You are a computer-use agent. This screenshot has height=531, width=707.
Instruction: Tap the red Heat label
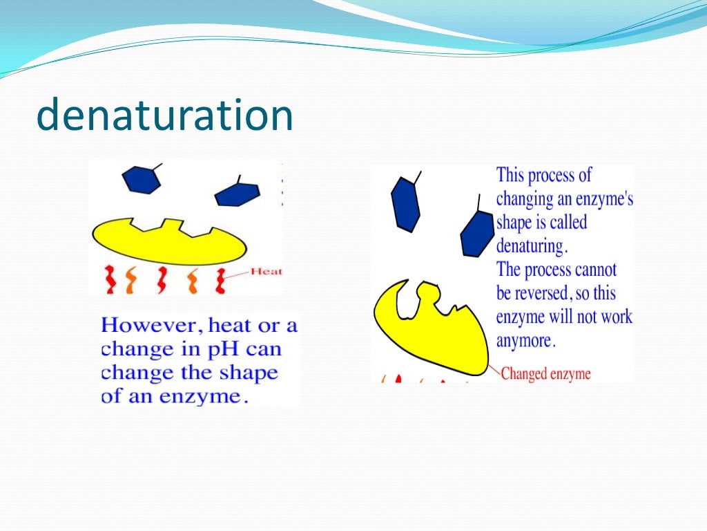[x=266, y=272]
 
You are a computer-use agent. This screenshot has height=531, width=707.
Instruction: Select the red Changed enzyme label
[x=545, y=374]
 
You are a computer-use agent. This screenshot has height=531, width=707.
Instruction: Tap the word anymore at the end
[x=525, y=341]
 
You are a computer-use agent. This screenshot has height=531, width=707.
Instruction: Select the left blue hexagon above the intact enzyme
[x=142, y=179]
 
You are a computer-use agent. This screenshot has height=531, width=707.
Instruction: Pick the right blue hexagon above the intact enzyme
[x=237, y=194]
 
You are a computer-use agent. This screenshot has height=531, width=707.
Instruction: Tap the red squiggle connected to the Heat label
[x=221, y=280]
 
